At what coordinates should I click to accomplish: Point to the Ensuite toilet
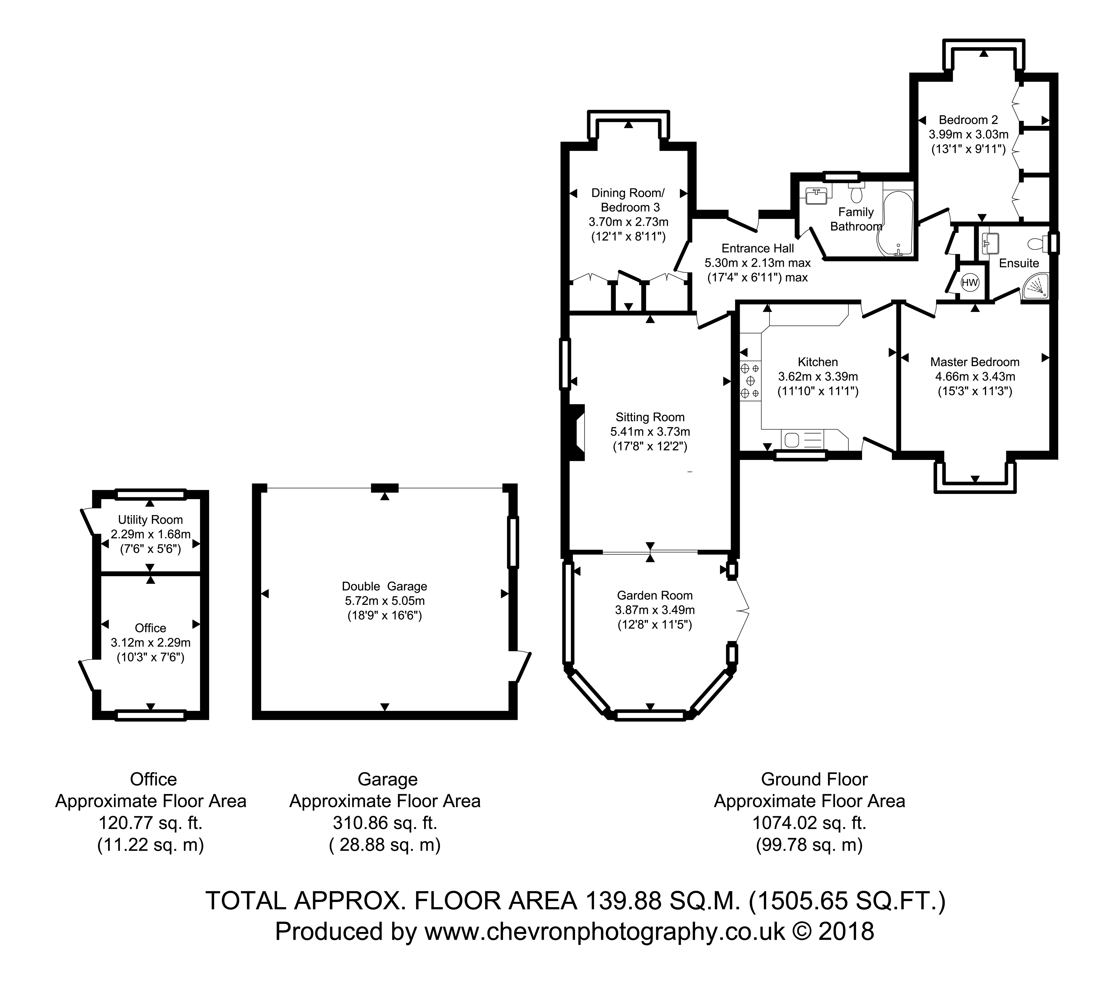(x=1037, y=243)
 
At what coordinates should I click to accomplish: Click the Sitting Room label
(x=650, y=417)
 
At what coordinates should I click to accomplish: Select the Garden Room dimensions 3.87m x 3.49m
(x=655, y=610)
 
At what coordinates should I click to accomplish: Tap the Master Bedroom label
(x=975, y=362)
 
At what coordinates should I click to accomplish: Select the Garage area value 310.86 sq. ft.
(x=385, y=823)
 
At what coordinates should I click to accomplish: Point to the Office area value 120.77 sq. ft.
(x=151, y=823)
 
